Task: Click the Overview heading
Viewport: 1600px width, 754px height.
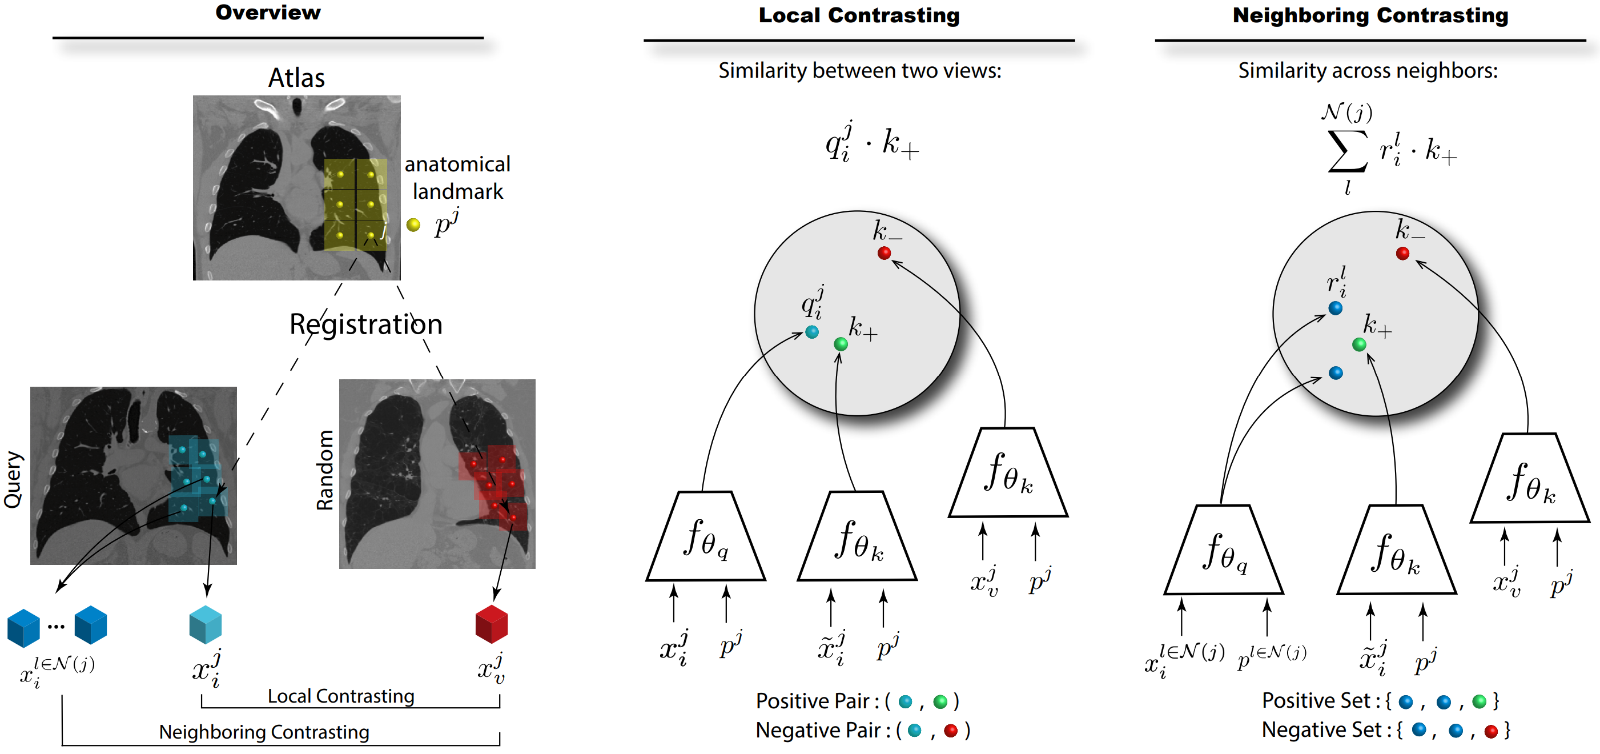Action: click(268, 13)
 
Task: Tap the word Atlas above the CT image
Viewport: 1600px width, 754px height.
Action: click(296, 78)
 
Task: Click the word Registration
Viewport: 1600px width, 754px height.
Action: click(366, 324)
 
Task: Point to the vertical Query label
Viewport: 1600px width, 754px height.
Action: click(14, 479)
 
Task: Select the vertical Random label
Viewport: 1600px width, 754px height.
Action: click(325, 470)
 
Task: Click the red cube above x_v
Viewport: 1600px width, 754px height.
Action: click(491, 624)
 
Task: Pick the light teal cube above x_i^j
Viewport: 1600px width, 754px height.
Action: click(205, 625)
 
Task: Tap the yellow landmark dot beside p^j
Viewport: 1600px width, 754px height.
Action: click(413, 225)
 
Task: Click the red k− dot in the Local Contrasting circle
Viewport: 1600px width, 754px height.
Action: click(884, 253)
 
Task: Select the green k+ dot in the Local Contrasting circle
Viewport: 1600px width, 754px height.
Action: click(841, 343)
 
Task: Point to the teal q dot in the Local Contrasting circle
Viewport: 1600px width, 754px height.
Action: click(811, 332)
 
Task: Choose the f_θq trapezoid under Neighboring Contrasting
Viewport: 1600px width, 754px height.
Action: click(1223, 550)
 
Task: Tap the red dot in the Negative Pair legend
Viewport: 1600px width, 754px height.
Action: click(950, 731)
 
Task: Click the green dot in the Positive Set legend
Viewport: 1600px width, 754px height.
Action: click(1480, 702)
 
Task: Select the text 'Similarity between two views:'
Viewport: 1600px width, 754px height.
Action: click(859, 71)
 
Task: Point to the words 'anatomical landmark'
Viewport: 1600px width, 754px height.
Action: click(458, 178)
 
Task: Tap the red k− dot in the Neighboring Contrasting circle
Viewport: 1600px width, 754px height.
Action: click(1402, 253)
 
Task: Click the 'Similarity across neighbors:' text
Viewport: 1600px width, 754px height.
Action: click(1368, 71)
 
